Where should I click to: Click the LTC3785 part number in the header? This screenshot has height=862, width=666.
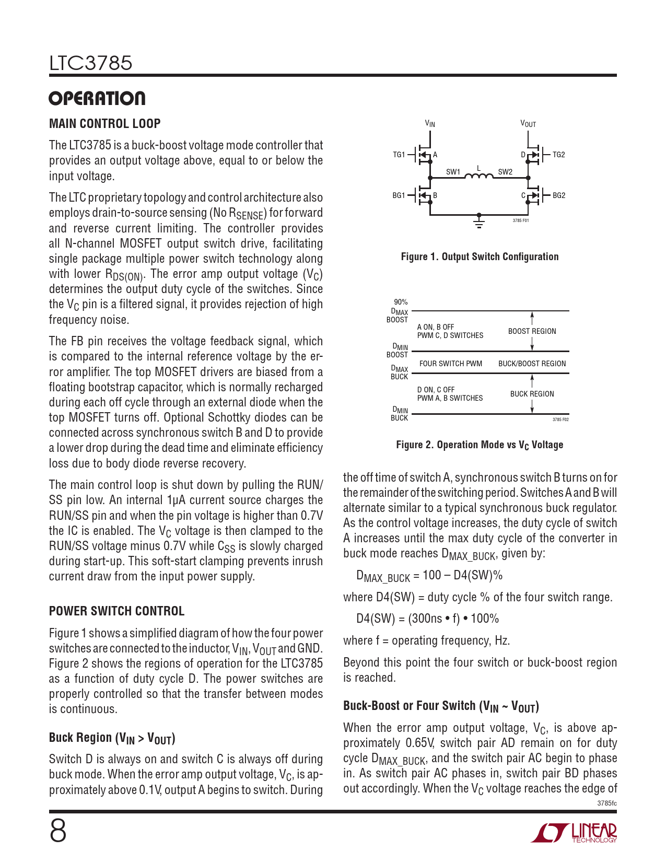pos(91,63)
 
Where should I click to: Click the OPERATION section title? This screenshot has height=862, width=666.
pos(97,99)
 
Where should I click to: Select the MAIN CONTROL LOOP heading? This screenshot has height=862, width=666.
pos(105,124)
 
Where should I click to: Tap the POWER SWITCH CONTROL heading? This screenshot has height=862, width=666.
pos(117,611)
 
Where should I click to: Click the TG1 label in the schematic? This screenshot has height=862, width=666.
pos(399,155)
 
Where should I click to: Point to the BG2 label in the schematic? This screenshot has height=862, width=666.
pos(559,195)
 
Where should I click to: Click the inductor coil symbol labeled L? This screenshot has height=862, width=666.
pos(478,176)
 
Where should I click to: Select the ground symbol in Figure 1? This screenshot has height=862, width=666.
pos(478,222)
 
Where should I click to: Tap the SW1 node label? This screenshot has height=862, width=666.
pos(453,172)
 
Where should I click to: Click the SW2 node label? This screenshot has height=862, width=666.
pos(505,172)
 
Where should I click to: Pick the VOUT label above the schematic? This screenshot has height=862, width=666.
pos(528,124)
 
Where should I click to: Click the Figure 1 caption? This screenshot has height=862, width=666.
pos(480,257)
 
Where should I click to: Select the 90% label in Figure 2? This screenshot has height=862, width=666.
pos(401,302)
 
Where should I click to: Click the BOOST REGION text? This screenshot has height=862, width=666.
pos(532,331)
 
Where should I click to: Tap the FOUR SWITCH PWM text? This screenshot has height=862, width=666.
pos(451,364)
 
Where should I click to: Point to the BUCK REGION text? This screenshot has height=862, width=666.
pos(532,394)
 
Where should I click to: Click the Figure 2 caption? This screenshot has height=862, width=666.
pos(480,445)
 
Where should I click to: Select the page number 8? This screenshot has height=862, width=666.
pos(58,831)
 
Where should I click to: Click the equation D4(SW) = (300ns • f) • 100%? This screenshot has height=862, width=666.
pos(427,619)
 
